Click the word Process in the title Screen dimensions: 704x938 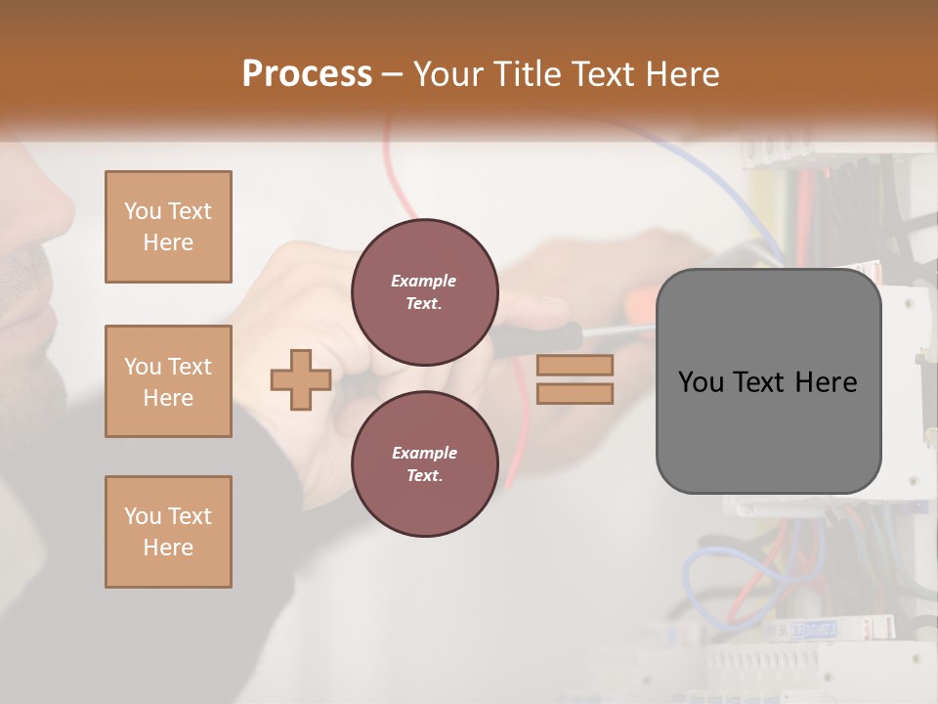click(x=307, y=73)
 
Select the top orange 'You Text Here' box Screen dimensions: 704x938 click(x=168, y=227)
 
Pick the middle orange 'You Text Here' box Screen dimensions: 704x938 click(x=168, y=381)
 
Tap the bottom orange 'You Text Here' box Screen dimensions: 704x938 click(x=168, y=532)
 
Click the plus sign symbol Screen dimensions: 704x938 click(x=301, y=379)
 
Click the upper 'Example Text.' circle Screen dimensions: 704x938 click(x=425, y=291)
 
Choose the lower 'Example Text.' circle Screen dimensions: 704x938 click(x=425, y=464)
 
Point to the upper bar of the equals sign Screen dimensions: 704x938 click(x=576, y=366)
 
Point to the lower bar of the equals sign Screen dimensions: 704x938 click(x=576, y=393)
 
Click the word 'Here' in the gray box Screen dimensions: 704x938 click(x=826, y=382)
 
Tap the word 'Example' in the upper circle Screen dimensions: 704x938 click(x=424, y=281)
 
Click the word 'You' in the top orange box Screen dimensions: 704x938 click(x=143, y=211)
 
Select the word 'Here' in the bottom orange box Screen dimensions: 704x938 click(x=168, y=548)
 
